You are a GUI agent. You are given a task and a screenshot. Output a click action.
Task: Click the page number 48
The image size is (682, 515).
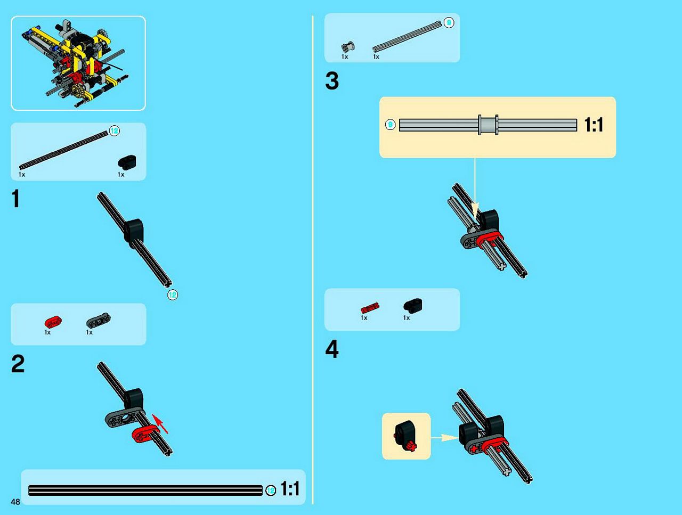pyautogui.click(x=15, y=502)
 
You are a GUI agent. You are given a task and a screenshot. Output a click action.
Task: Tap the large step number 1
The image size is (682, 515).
pyautogui.click(x=15, y=198)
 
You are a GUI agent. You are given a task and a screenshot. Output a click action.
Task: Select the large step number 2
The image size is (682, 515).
pyautogui.click(x=18, y=364)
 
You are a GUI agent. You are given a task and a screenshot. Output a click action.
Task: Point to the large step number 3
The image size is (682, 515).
pyautogui.click(x=332, y=81)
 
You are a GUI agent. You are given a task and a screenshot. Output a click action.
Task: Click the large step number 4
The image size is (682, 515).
pyautogui.click(x=332, y=349)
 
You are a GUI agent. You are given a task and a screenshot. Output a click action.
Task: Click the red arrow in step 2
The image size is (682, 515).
pyautogui.click(x=160, y=423)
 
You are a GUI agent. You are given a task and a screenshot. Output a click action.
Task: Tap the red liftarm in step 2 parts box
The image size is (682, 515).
pyautogui.click(x=53, y=322)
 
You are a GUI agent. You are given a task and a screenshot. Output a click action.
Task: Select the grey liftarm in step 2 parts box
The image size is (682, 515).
pyautogui.click(x=98, y=320)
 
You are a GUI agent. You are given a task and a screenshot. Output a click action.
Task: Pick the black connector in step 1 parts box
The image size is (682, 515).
pyautogui.click(x=127, y=162)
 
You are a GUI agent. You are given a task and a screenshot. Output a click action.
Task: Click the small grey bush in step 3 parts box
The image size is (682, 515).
pyautogui.click(x=348, y=47)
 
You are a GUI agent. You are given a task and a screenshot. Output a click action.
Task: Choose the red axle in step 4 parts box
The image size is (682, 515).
pyautogui.click(x=370, y=308)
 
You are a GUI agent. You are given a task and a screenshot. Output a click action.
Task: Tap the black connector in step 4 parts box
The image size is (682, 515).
pyautogui.click(x=412, y=306)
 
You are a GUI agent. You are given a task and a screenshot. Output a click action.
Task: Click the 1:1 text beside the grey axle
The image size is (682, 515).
pyautogui.click(x=594, y=125)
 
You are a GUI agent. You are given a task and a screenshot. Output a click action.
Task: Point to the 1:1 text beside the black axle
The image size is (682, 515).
pyautogui.click(x=290, y=489)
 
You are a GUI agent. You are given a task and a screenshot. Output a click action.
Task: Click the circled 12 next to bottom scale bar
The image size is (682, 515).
pyautogui.click(x=271, y=490)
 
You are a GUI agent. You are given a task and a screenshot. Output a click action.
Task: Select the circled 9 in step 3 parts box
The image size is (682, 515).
pyautogui.click(x=449, y=23)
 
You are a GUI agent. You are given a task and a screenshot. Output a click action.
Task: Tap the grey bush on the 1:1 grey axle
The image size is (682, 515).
pyautogui.click(x=488, y=125)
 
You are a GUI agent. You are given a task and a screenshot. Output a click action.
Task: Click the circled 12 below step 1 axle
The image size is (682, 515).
pyautogui.click(x=173, y=295)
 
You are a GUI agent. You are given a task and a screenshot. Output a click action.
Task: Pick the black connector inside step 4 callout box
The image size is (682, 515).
pyautogui.click(x=404, y=435)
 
